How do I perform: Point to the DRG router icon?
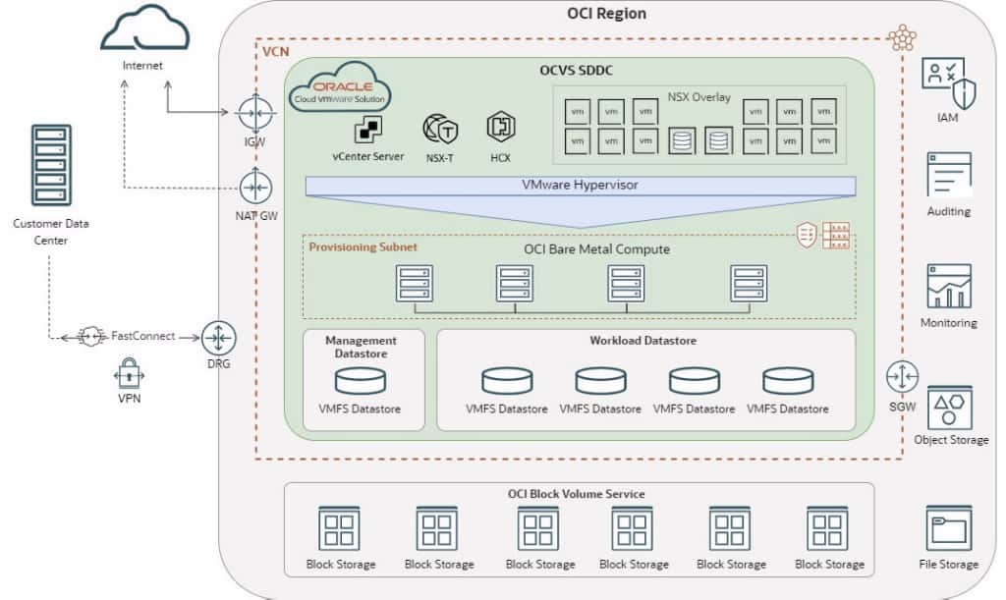(219, 338)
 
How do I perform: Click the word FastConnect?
(142, 336)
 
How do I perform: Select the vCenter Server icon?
(367, 129)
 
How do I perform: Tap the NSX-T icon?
(439, 129)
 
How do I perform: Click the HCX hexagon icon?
(499, 128)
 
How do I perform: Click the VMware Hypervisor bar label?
(580, 185)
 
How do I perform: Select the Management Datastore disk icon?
(360, 381)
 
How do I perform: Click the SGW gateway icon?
(901, 377)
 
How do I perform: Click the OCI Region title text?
(606, 14)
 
